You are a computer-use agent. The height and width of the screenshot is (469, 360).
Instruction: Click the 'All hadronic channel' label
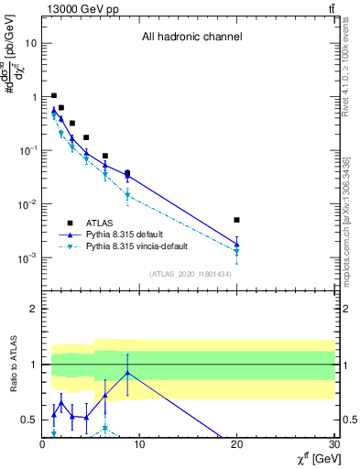[x=191, y=38]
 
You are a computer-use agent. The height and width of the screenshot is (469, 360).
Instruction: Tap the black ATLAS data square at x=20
[x=236, y=220]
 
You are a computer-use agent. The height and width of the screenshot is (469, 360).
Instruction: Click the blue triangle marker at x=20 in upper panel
[x=236, y=244]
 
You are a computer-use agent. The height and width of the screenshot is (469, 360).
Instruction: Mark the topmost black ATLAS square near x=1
[x=54, y=95]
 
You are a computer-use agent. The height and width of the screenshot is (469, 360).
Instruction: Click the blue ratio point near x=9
[x=127, y=373]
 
